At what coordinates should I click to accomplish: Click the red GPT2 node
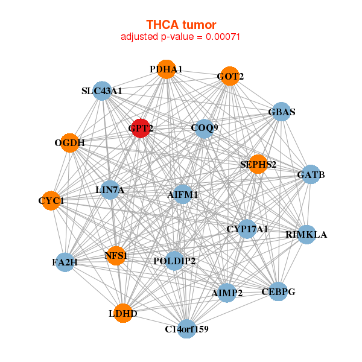pyautogui.click(x=140, y=128)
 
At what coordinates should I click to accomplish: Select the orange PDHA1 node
pyautogui.click(x=166, y=69)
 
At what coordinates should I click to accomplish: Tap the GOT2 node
pyautogui.click(x=229, y=76)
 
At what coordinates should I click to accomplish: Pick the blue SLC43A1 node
pyautogui.click(x=102, y=91)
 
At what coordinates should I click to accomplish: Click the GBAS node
pyautogui.click(x=281, y=112)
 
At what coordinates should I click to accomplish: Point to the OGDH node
pyautogui.click(x=70, y=143)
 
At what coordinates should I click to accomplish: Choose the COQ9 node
pyautogui.click(x=205, y=128)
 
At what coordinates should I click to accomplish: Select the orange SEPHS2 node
pyautogui.click(x=258, y=164)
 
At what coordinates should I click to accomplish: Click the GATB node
pyautogui.click(x=311, y=175)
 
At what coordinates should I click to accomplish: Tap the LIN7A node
pyautogui.click(x=110, y=190)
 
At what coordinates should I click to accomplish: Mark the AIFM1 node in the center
pyautogui.click(x=183, y=194)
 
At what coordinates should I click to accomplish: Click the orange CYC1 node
pyautogui.click(x=51, y=200)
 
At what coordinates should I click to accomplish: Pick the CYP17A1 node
pyautogui.click(x=247, y=229)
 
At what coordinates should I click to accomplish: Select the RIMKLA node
pyautogui.click(x=306, y=234)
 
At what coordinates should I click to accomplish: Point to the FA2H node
pyautogui.click(x=65, y=262)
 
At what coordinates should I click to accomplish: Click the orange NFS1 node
pyautogui.click(x=116, y=256)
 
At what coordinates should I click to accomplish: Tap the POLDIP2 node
pyautogui.click(x=174, y=261)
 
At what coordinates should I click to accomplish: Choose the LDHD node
pyautogui.click(x=123, y=313)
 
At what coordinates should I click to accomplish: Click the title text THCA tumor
pyautogui.click(x=181, y=25)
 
